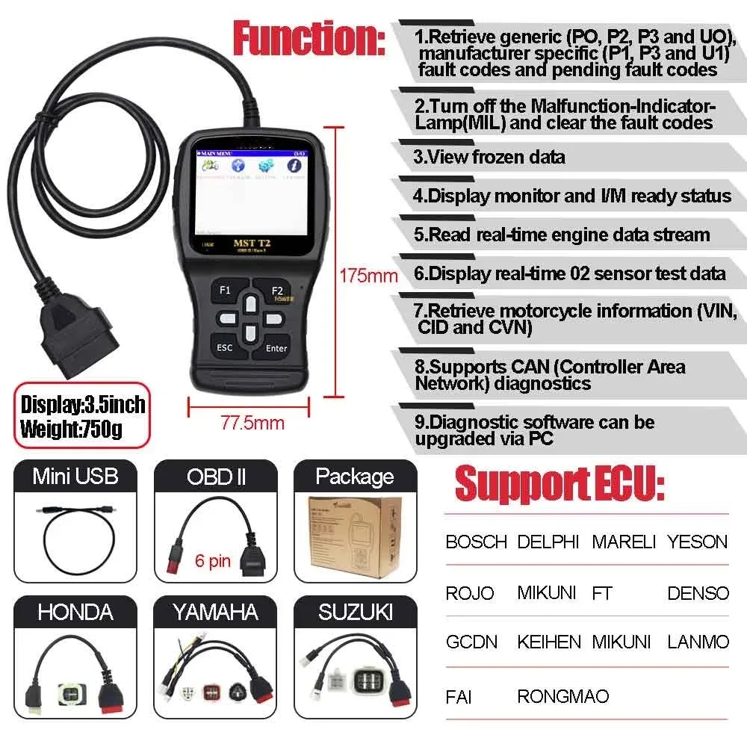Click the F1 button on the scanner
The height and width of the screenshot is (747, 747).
[x=225, y=289]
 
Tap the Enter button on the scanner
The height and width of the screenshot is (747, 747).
[x=276, y=348]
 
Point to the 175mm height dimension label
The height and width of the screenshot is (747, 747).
[x=368, y=276]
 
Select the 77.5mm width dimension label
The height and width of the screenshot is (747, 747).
[x=252, y=423]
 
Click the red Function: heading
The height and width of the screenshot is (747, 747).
[x=309, y=39]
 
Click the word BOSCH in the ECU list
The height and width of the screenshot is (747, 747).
[x=476, y=542]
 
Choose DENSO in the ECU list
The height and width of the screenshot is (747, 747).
[x=698, y=593]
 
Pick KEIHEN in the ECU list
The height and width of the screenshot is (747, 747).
[x=548, y=642]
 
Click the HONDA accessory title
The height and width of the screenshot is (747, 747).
[x=75, y=613]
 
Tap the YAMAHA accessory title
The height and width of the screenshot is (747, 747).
[x=216, y=613]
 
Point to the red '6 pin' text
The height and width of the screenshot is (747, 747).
[x=213, y=560]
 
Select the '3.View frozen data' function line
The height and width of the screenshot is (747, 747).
[x=490, y=158]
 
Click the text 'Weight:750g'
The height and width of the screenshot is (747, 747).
[x=72, y=430]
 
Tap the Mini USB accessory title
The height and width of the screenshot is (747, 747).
[x=75, y=476]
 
